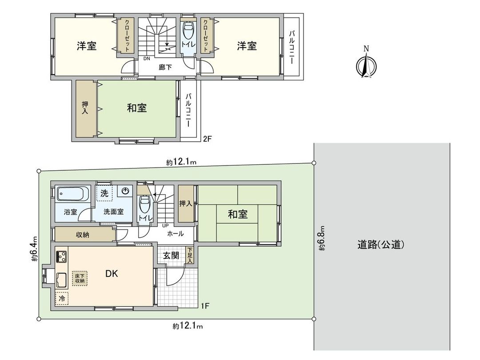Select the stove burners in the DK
(61, 256)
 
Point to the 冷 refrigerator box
(62, 299)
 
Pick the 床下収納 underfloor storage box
(80, 278)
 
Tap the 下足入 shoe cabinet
(190, 256)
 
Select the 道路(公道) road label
(380, 244)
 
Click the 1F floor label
(205, 306)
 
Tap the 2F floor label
(207, 138)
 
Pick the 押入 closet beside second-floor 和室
(84, 108)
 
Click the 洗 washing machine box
(104, 193)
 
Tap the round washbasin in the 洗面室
(125, 192)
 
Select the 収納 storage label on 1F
(82, 234)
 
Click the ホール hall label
(176, 233)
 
